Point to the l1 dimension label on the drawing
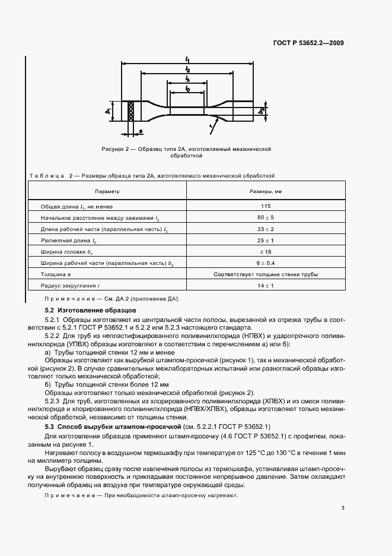187,59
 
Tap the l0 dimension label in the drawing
187,89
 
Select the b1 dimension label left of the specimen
110,110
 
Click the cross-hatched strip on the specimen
130,111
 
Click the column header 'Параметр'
107,192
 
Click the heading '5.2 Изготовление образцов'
91,310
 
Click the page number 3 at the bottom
343,507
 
